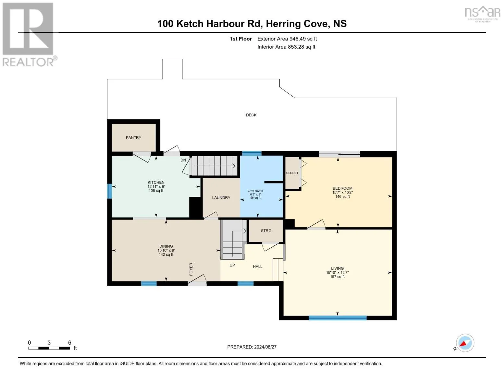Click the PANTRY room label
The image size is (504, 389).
[133, 138]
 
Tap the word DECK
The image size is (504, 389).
[251, 115]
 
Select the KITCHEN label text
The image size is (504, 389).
[156, 182]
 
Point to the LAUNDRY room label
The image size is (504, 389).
[221, 198]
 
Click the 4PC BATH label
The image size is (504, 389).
[255, 191]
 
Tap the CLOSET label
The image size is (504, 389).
[292, 173]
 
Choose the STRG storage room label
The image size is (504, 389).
[266, 231]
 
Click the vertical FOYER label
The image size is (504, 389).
[191, 269]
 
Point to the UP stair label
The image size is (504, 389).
[232, 265]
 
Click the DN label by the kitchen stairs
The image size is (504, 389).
[183, 160]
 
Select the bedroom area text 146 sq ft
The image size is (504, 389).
[342, 196]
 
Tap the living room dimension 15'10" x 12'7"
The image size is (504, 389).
[337, 273]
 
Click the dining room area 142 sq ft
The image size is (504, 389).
[166, 254]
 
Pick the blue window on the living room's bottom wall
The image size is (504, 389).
[338, 318]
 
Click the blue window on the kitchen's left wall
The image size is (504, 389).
[109, 191]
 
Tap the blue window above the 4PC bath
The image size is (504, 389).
[252, 153]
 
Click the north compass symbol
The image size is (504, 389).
[465, 343]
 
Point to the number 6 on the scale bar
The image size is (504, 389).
[69, 342]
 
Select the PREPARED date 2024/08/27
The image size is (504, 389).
[265, 347]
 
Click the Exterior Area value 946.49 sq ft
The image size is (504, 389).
[303, 39]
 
